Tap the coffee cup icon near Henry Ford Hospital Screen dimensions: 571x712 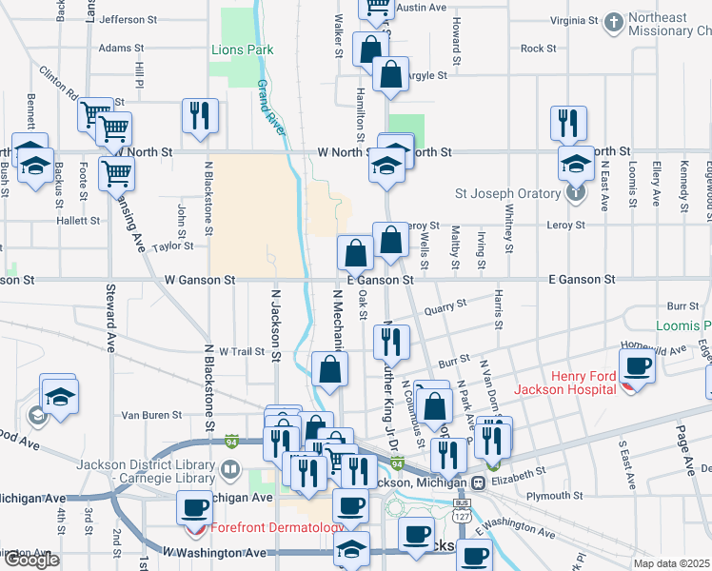point(638,365)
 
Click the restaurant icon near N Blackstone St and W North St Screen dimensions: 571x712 point(201,116)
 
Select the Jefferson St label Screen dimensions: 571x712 point(128,19)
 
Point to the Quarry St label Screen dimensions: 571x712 point(445,306)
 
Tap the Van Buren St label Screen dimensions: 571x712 point(151,415)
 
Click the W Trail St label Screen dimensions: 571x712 point(241,351)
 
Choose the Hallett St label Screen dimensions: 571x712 point(78,221)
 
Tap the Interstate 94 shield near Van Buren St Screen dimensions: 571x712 point(231,441)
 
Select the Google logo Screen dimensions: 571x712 point(31,560)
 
